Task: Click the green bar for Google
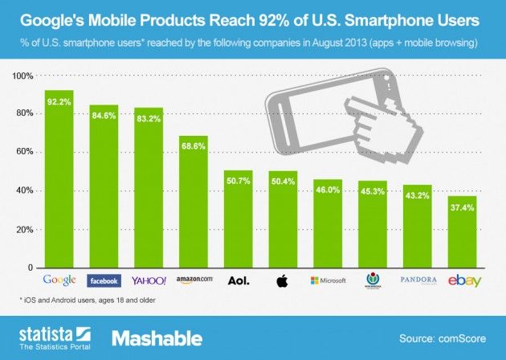coord(59,185)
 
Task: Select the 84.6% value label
coord(104,123)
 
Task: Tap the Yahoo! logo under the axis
coord(149,280)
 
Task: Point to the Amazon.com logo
coord(194,280)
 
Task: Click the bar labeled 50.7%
coord(239,225)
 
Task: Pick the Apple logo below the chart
coord(283,280)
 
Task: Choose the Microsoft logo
coord(328,280)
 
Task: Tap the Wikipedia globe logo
coord(373,280)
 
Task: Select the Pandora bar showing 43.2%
coord(418,233)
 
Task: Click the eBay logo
coord(462,280)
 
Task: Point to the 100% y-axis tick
coord(22,76)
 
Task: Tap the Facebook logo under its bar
coord(104,280)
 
